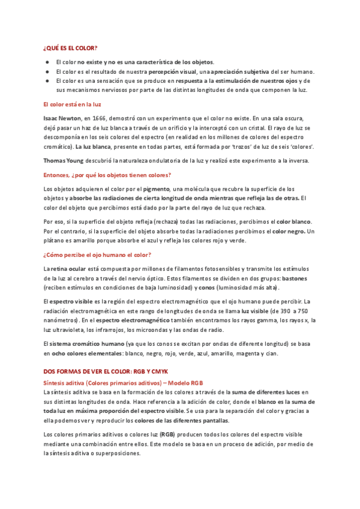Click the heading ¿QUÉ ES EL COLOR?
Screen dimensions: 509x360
(71, 47)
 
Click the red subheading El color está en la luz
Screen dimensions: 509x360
(71, 104)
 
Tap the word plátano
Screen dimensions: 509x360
(55, 240)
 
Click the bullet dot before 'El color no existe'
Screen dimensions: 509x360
(47, 62)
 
